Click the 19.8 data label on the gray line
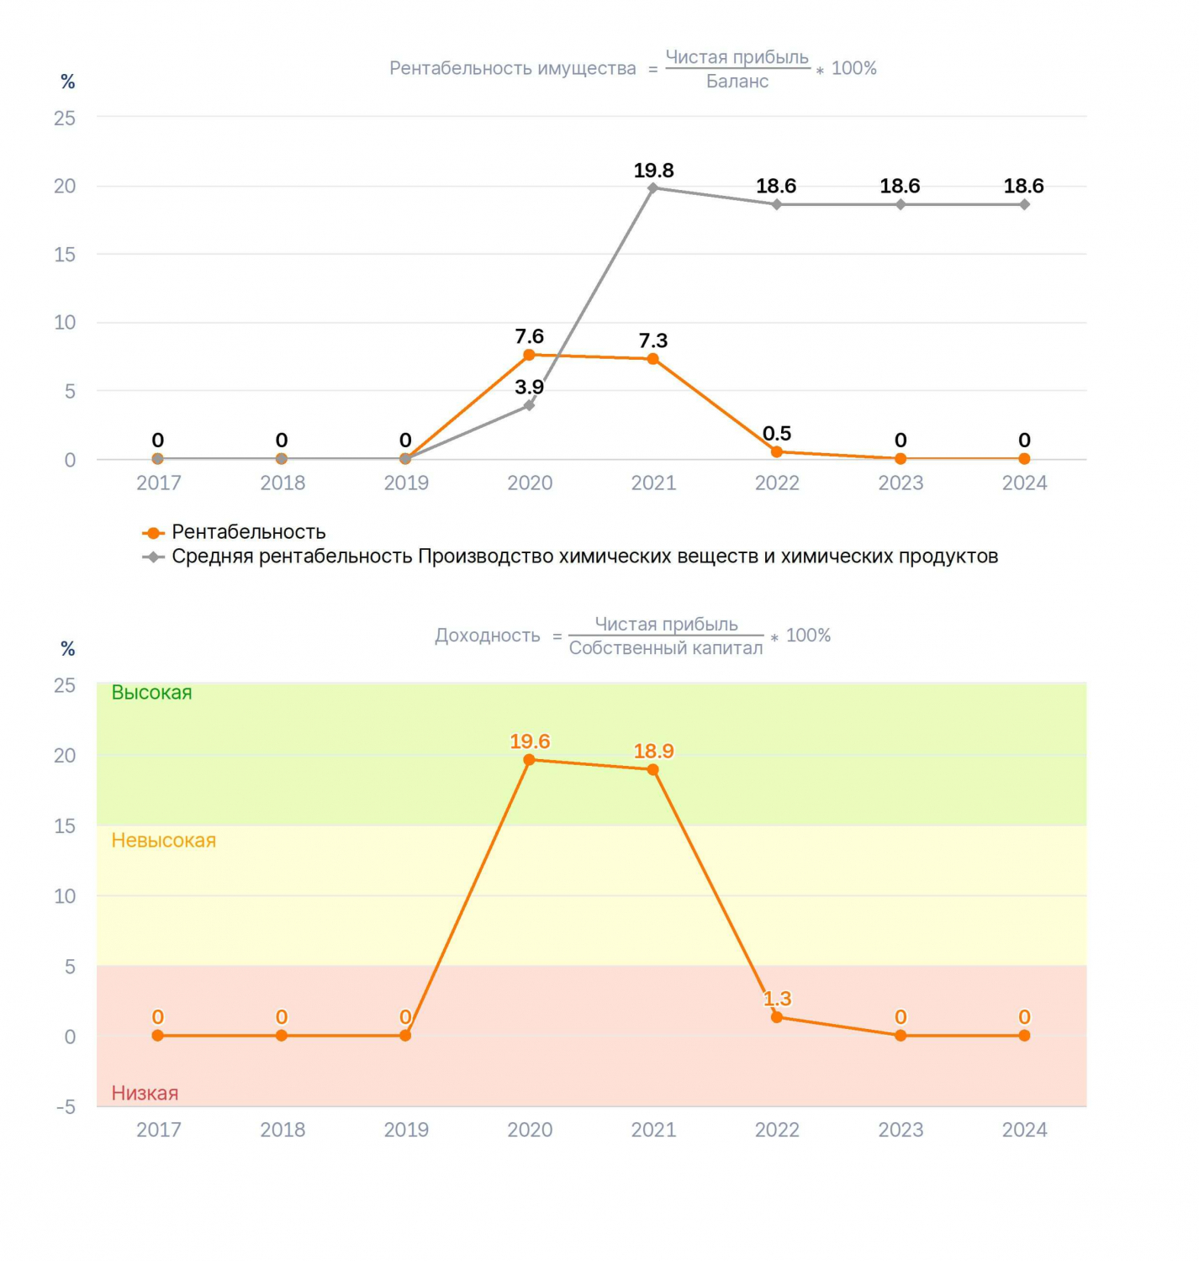tap(653, 170)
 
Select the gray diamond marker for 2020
tap(529, 404)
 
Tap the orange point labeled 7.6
tap(529, 355)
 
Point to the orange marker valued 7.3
tap(652, 359)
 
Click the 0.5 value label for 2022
tap(776, 433)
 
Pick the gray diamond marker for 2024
tap(1024, 204)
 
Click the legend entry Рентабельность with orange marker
tap(234, 532)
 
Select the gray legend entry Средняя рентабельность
tap(570, 556)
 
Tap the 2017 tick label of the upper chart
tap(158, 483)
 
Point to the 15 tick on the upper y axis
tap(65, 255)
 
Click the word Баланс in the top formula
tap(737, 82)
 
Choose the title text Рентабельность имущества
tap(513, 68)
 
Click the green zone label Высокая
tap(151, 692)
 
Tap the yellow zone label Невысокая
tap(164, 840)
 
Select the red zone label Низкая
tap(145, 1092)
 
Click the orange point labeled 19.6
tap(529, 759)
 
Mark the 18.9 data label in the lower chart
tap(653, 751)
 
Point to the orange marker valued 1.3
tap(776, 1016)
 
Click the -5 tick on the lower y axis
tap(66, 1107)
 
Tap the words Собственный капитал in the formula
tap(666, 648)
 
